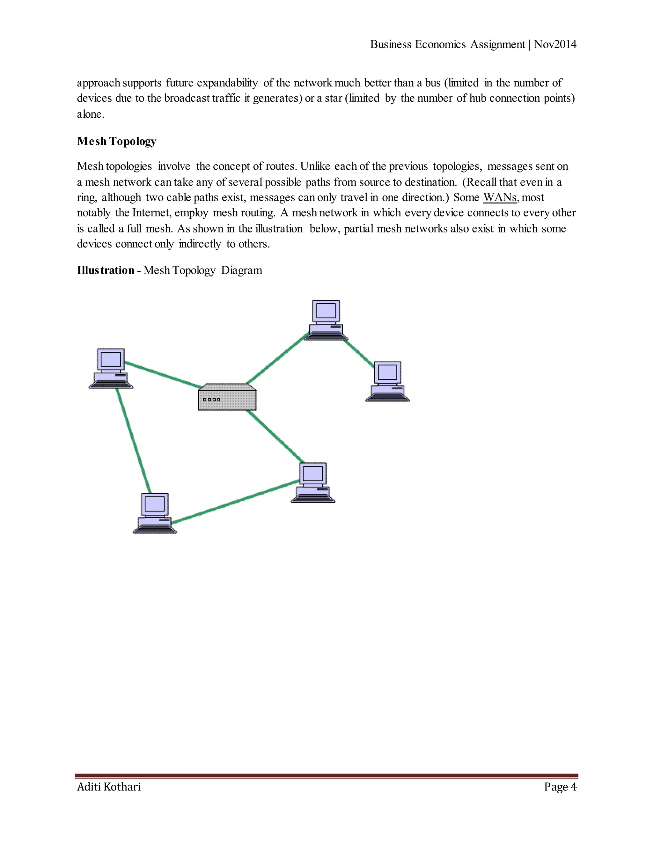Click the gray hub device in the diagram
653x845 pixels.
click(x=227, y=397)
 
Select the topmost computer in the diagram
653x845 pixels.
click(x=326, y=320)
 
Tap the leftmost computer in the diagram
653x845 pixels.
click(x=111, y=368)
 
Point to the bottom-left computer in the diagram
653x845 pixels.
click(x=155, y=513)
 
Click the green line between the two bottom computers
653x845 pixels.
click(x=235, y=502)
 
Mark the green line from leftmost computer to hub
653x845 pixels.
click(x=163, y=374)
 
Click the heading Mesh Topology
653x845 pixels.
click(x=116, y=141)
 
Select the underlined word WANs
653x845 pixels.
click(x=500, y=197)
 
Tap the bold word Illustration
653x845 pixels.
click(x=105, y=270)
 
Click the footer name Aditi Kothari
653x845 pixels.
click(x=109, y=787)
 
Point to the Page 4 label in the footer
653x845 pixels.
click(x=560, y=787)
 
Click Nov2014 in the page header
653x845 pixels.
click(x=555, y=45)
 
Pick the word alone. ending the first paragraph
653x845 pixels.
click(x=91, y=114)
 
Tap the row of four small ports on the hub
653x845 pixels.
click(x=211, y=400)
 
